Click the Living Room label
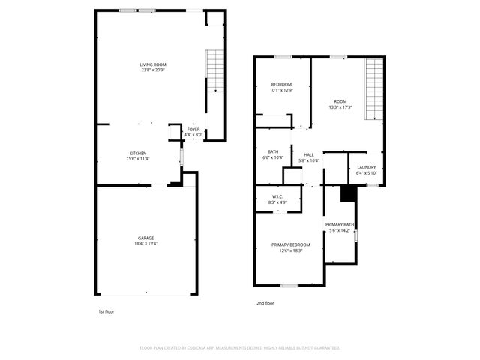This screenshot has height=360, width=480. pyautogui.click(x=153, y=65)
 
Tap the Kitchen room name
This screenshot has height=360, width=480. pyautogui.click(x=137, y=153)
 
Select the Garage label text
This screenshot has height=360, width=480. pyautogui.click(x=145, y=238)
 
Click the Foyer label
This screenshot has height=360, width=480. pyautogui.click(x=193, y=130)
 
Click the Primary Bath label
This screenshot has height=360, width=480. pyautogui.click(x=340, y=225)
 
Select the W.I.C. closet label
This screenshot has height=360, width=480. pyautogui.click(x=277, y=197)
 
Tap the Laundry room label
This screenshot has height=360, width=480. pyautogui.click(x=366, y=167)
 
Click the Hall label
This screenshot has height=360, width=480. pyautogui.click(x=308, y=155)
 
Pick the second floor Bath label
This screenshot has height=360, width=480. pyautogui.click(x=273, y=152)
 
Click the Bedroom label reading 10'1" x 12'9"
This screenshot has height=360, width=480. pyautogui.click(x=281, y=84)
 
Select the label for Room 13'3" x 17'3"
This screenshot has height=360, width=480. pyautogui.click(x=340, y=102)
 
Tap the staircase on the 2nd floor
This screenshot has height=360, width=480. pyautogui.click(x=373, y=88)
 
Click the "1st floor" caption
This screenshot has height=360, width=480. pyautogui.click(x=106, y=310)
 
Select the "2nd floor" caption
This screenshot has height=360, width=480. pyautogui.click(x=265, y=303)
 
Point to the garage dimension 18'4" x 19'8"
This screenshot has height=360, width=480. pyautogui.click(x=145, y=243)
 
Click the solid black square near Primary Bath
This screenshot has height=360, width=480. pyautogui.click(x=348, y=193)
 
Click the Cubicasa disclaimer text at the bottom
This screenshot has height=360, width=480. pyautogui.click(x=240, y=347)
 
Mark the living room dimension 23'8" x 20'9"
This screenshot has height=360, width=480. pyautogui.click(x=153, y=70)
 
